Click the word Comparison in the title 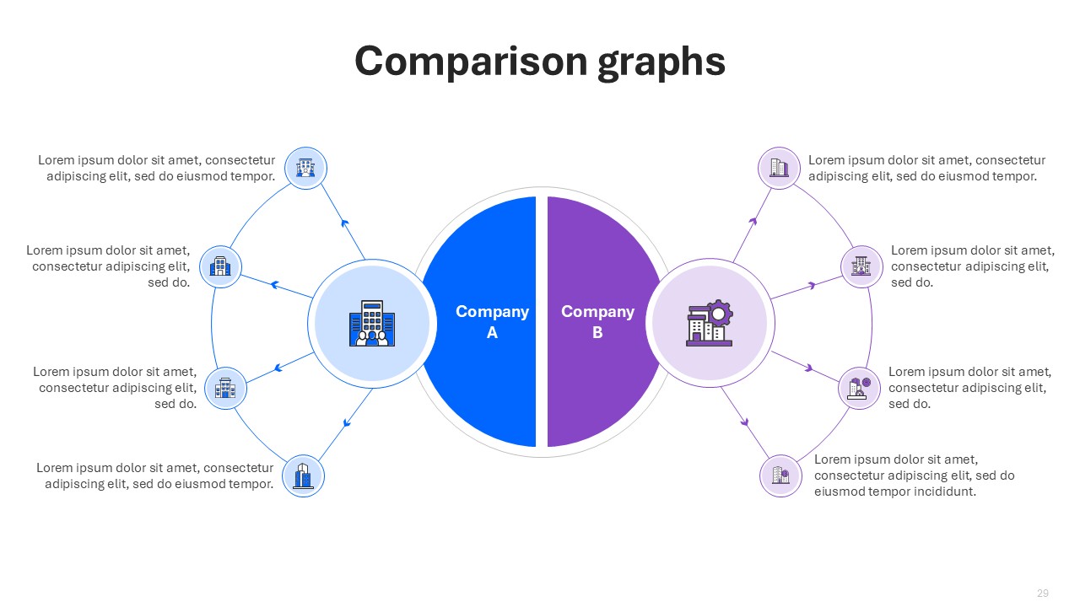(471, 62)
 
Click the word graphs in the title (661, 63)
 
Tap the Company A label (492, 322)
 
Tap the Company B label (598, 322)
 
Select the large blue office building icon (372, 323)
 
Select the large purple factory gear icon (710, 323)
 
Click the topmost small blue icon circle (305, 168)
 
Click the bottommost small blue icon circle (303, 476)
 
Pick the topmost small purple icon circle (779, 168)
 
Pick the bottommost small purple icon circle (781, 476)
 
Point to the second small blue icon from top (220, 267)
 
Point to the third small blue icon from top (225, 389)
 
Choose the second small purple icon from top (861, 266)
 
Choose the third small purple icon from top (859, 389)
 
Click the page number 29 (1043, 593)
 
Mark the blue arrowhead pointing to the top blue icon (344, 223)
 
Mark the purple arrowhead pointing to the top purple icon (753, 221)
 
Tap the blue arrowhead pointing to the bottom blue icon (346, 423)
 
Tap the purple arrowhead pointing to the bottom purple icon (745, 422)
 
